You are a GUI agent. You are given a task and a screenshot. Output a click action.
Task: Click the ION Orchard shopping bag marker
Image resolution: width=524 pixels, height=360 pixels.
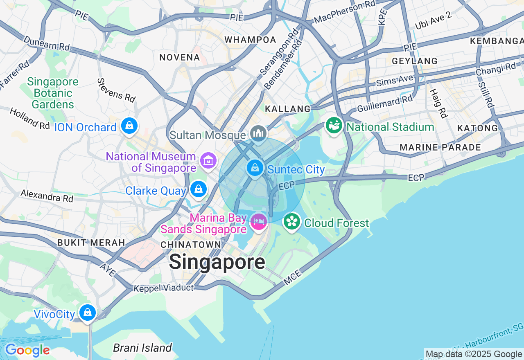pyautogui.click(x=129, y=126)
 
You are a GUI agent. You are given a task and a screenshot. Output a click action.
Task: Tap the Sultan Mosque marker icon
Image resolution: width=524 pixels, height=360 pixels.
pyautogui.click(x=259, y=133)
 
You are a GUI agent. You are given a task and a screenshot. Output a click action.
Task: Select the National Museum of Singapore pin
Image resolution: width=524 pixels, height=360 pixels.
pyautogui.click(x=208, y=160)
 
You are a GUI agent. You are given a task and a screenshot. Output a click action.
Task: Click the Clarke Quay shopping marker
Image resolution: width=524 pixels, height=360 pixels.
pyautogui.click(x=199, y=189)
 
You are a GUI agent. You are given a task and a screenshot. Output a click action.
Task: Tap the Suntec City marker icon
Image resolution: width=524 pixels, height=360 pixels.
pyautogui.click(x=255, y=168)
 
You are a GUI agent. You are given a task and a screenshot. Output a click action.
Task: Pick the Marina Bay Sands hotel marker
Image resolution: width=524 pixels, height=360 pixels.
pyautogui.click(x=259, y=222)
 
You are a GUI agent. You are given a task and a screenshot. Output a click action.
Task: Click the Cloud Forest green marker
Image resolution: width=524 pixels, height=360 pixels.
pyautogui.click(x=292, y=222)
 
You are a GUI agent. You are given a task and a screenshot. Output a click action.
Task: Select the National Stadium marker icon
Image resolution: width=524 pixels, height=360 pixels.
pyautogui.click(x=334, y=126)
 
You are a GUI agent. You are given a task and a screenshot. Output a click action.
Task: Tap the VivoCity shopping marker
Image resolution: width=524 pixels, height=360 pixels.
pyautogui.click(x=87, y=313)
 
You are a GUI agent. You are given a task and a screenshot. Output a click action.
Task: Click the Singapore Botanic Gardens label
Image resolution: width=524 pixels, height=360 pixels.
pyautogui.click(x=52, y=93)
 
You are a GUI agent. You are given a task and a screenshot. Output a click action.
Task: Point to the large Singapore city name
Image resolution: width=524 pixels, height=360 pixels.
pyautogui.click(x=217, y=262)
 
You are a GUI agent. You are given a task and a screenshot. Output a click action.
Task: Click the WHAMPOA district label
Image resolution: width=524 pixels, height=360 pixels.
pyautogui.click(x=251, y=40)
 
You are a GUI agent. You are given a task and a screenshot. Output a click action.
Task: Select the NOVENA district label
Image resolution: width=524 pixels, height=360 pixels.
pyautogui.click(x=180, y=57)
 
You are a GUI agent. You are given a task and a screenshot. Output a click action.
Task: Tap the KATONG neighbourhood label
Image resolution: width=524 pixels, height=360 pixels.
pyautogui.click(x=477, y=128)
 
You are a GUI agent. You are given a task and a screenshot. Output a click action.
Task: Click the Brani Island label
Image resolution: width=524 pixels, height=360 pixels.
pyautogui.click(x=142, y=348)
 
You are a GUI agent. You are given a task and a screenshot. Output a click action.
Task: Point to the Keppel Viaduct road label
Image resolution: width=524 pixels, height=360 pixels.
pyautogui.click(x=164, y=288)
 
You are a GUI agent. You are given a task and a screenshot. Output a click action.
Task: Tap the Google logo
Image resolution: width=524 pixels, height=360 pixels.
pyautogui.click(x=27, y=351)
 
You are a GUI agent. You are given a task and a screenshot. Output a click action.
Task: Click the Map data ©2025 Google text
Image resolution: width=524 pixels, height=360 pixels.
pyautogui.click(x=474, y=354)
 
